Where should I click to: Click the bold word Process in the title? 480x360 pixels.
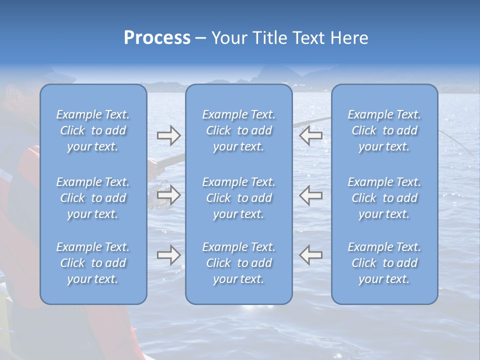pyautogui.click(x=157, y=38)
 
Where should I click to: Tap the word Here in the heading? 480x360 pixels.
pyautogui.click(x=349, y=38)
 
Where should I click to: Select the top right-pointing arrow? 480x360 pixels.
pyautogui.click(x=168, y=135)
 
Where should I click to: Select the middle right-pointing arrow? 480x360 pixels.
pyautogui.click(x=168, y=195)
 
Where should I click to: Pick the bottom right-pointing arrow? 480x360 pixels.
pyautogui.click(x=168, y=254)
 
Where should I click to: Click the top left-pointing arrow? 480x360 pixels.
pyautogui.click(x=310, y=135)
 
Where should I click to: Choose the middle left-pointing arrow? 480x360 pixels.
pyautogui.click(x=310, y=195)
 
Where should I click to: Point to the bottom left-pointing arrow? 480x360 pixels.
pyautogui.click(x=310, y=254)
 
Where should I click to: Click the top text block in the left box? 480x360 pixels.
pyautogui.click(x=93, y=130)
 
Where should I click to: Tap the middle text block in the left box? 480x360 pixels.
pyautogui.click(x=93, y=198)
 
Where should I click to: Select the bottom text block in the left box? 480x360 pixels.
pyautogui.click(x=93, y=263)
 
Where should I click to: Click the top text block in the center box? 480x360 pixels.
pyautogui.click(x=238, y=130)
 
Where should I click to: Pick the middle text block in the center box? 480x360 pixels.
pyautogui.click(x=238, y=198)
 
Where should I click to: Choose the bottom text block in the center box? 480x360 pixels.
pyautogui.click(x=238, y=263)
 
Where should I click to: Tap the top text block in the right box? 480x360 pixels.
pyautogui.click(x=384, y=130)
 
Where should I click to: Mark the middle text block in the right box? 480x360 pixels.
pyautogui.click(x=384, y=198)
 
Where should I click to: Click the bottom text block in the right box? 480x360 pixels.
pyautogui.click(x=384, y=263)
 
